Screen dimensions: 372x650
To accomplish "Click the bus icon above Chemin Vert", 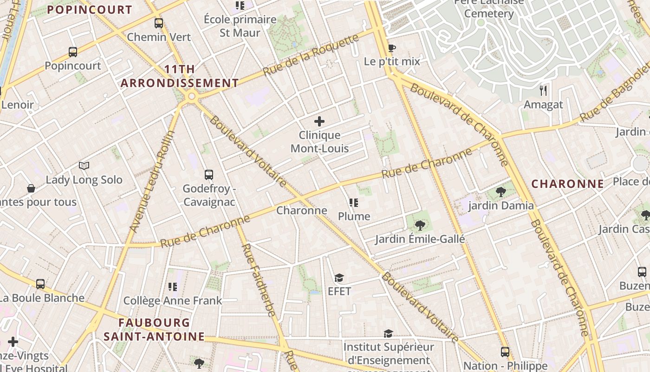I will point(159,23).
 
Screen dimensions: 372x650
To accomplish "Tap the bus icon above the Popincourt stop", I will point(73,52).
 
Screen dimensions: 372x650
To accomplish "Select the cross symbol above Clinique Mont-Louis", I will point(319,121).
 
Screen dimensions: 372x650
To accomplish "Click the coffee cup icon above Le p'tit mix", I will point(391,47).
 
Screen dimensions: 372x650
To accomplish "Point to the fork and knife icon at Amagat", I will point(543,90).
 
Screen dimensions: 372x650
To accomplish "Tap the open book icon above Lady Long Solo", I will point(84,166).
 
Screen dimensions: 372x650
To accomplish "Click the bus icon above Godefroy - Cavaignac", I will point(209,175).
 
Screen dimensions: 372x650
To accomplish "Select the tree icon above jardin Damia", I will point(500,192).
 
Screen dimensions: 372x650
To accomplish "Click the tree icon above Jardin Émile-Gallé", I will point(420,226).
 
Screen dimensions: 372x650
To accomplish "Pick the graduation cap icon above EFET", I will point(339,278).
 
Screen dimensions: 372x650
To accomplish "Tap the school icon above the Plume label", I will point(354,203).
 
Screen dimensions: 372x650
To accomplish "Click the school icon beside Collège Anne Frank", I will point(173,287).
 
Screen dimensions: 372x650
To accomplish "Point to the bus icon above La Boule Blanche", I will point(40,284).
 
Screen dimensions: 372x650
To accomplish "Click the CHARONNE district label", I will point(567,184).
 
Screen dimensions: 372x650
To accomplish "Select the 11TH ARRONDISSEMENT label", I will point(180,76).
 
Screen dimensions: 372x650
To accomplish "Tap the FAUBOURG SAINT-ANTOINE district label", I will point(154,329).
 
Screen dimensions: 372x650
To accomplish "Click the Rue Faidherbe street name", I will point(258,279).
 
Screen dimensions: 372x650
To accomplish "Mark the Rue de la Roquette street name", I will point(311,55).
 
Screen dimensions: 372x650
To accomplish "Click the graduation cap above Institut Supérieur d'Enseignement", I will point(388,333).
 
